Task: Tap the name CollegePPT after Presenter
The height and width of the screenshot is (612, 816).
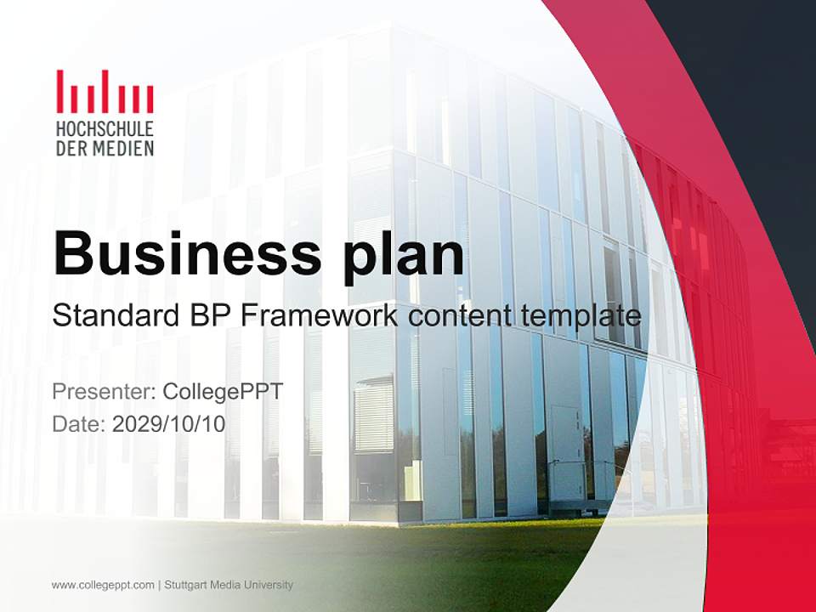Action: pyautogui.click(x=222, y=392)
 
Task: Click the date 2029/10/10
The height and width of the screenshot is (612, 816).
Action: pyautogui.click(x=168, y=423)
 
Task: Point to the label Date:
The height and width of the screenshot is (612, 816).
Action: pyautogui.click(x=78, y=423)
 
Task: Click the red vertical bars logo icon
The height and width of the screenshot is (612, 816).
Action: pyautogui.click(x=105, y=92)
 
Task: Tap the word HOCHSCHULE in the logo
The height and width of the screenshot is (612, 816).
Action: pyautogui.click(x=105, y=130)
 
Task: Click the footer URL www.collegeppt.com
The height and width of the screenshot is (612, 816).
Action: pyautogui.click(x=103, y=585)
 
